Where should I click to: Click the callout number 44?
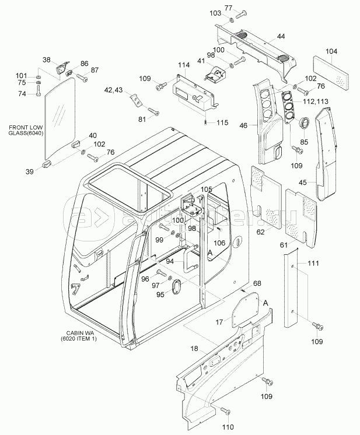[281, 37]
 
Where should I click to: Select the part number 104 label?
[331, 51]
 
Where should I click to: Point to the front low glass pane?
[61, 120]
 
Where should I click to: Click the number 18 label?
[194, 348]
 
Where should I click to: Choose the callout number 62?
[260, 232]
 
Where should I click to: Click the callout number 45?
[303, 183]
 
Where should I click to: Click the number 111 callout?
[314, 264]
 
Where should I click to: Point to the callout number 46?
[244, 124]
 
